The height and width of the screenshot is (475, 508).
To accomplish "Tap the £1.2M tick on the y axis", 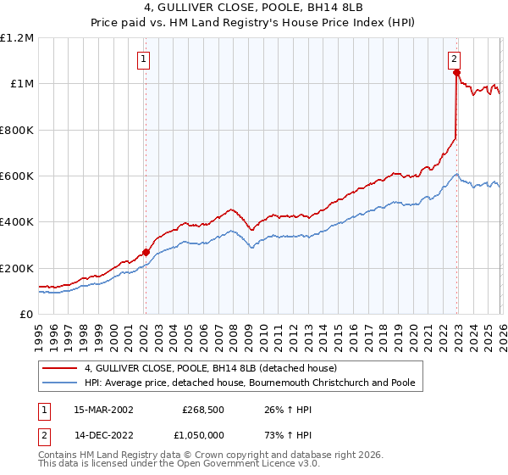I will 17,38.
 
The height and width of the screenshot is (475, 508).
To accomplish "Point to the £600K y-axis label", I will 17,176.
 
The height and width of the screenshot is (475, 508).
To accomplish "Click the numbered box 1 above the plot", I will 144,59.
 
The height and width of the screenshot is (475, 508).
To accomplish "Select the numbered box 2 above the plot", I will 455,59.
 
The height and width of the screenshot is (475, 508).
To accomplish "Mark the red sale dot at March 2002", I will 146,252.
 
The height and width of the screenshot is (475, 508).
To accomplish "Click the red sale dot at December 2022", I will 456,73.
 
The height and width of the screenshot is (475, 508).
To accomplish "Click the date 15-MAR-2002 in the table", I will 102,408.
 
